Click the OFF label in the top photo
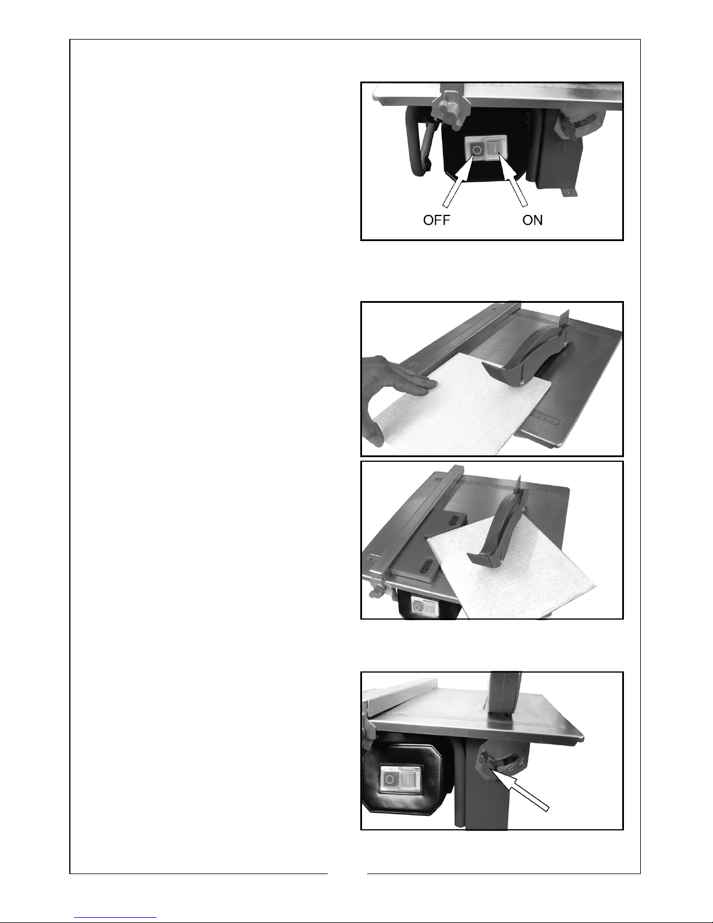pos(437,220)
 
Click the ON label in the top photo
pos(532,220)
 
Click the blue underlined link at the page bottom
pos(115,918)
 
